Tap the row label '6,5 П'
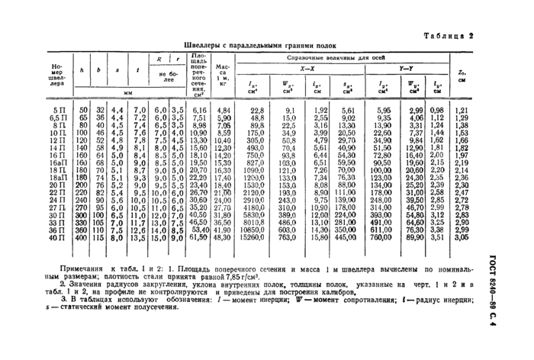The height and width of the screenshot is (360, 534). [x=59, y=118]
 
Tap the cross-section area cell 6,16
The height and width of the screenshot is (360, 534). [x=198, y=111]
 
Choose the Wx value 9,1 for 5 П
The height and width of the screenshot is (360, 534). [x=291, y=111]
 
